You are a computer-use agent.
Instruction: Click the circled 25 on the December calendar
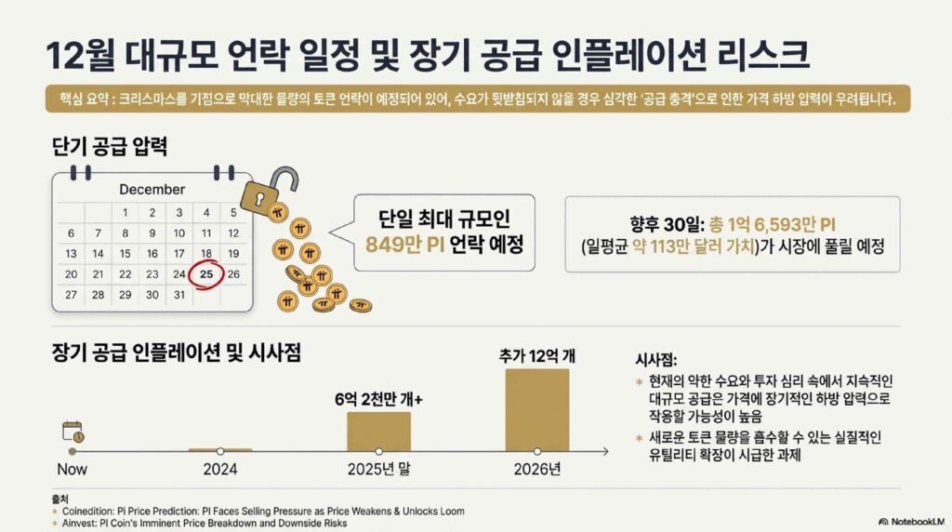206,274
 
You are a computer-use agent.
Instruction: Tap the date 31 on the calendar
179,295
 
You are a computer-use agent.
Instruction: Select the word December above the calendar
152,190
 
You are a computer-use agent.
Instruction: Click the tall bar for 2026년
537,410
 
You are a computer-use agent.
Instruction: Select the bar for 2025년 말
379,432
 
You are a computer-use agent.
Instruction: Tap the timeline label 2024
220,470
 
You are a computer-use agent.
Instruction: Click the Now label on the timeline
73,470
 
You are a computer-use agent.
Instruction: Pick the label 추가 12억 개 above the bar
537,356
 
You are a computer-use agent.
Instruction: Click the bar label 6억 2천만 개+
379,399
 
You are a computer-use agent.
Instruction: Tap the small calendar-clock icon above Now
73,432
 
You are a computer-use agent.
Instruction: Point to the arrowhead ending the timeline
604,451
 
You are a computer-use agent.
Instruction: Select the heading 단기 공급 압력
110,146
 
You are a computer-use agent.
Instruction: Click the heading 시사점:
656,360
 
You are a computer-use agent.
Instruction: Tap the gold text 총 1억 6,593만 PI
773,225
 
